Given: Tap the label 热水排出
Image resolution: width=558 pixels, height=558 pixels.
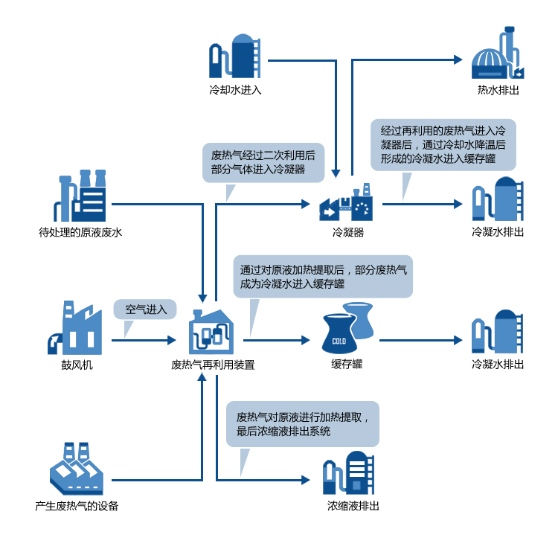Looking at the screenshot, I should [x=498, y=90].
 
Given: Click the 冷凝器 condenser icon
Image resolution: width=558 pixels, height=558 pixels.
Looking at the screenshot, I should [x=348, y=204].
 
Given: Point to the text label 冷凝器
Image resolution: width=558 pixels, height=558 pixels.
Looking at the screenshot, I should [x=348, y=232].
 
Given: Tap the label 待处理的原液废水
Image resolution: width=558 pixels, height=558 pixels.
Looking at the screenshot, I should [x=80, y=232].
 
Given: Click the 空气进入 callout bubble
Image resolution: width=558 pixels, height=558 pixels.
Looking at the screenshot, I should [x=145, y=309].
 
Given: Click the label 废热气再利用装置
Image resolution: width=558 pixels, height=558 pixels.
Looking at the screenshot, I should [x=213, y=365].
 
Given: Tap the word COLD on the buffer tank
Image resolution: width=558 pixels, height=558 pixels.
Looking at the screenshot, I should [x=339, y=341].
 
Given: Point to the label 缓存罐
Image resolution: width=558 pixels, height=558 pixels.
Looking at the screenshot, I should [x=347, y=365].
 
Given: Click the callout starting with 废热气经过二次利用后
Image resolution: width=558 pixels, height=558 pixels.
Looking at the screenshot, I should [x=263, y=162].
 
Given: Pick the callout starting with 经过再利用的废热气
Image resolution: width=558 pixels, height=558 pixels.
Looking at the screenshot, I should [x=443, y=144].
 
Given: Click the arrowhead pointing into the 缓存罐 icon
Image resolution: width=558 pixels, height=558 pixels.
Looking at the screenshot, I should [x=305, y=340].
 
